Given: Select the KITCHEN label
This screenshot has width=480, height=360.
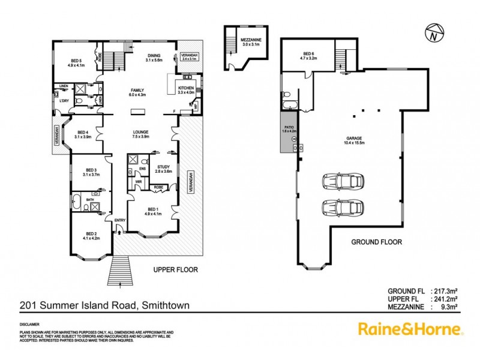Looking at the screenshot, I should [x=187, y=89].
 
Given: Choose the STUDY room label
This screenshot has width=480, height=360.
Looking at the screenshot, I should [x=164, y=168].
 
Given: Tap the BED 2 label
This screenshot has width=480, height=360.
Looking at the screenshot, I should [x=92, y=235].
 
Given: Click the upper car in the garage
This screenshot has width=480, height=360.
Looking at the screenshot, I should [x=340, y=181].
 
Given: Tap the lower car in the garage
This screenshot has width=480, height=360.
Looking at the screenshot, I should [x=340, y=208].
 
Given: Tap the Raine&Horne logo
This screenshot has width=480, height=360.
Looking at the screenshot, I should [x=410, y=328].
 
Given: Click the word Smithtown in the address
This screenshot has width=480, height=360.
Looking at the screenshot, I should [x=165, y=305].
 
